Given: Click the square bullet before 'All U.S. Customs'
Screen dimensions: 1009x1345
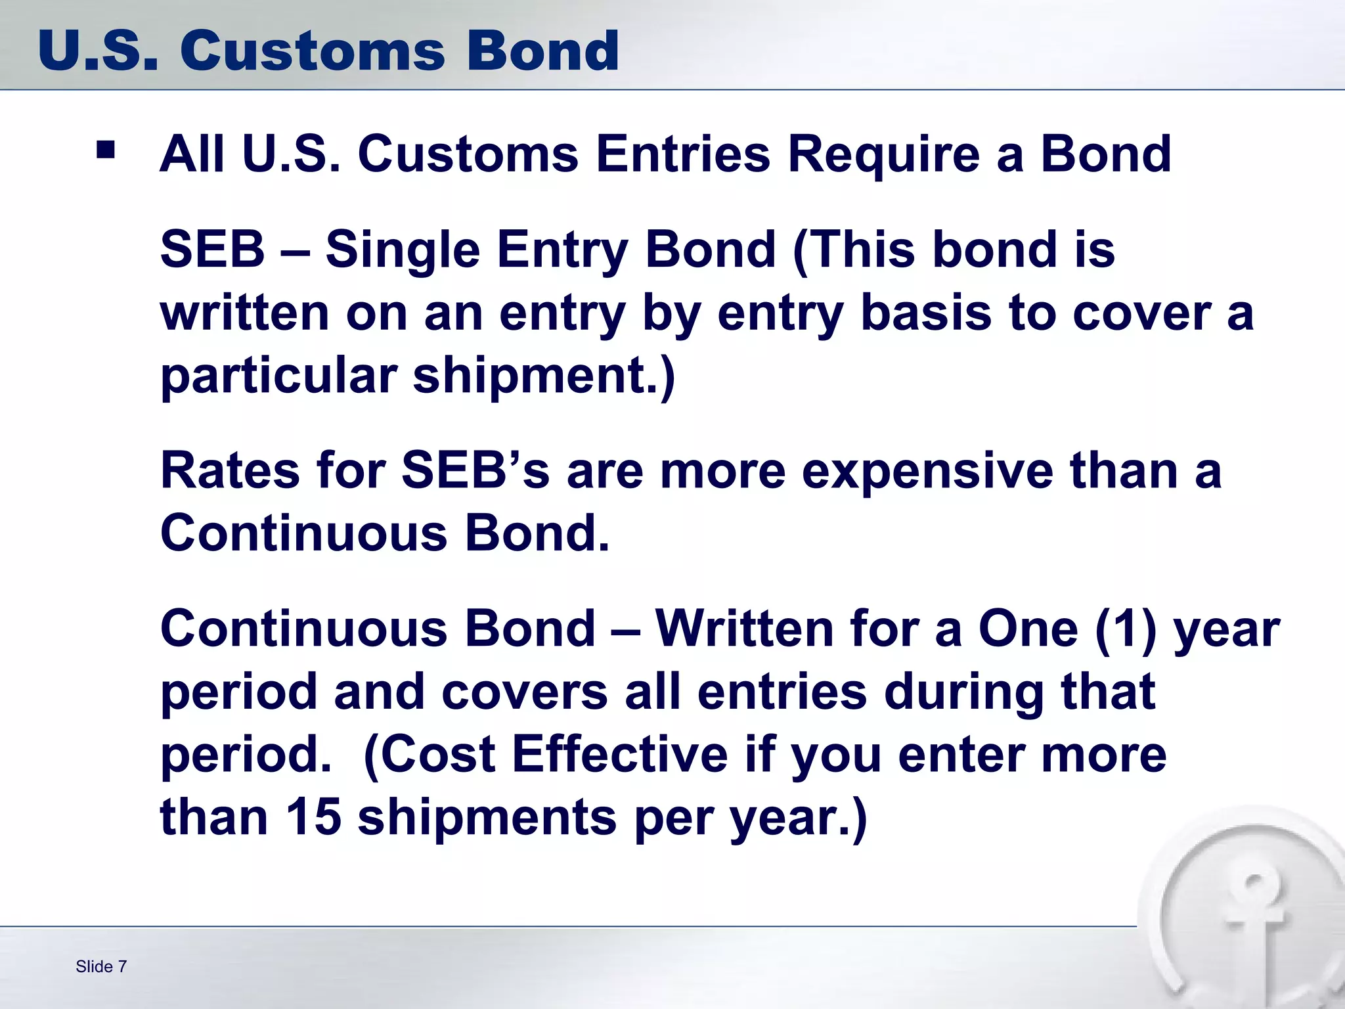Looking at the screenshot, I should pyautogui.click(x=105, y=150).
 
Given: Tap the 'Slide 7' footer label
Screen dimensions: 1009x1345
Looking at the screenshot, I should pyautogui.click(x=101, y=966).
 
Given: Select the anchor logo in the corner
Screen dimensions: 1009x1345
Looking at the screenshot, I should pyautogui.click(x=1248, y=920).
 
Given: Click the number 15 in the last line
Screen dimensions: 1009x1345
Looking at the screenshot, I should pyautogui.click(x=313, y=817).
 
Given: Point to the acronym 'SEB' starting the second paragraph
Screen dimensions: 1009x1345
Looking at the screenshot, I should pyautogui.click(x=212, y=250).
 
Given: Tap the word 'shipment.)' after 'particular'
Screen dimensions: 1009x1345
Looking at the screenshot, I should pyautogui.click(x=543, y=376).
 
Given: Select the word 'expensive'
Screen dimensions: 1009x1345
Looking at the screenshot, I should pyautogui.click(x=927, y=471).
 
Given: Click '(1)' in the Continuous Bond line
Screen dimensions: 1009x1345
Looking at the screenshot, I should pyautogui.click(x=1125, y=629).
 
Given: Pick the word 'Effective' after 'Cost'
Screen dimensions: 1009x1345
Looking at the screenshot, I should pyautogui.click(x=619, y=755).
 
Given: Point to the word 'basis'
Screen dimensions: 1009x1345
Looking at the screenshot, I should pyautogui.click(x=926, y=313).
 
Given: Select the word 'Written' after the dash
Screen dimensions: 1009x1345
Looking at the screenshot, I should pyautogui.click(x=744, y=629).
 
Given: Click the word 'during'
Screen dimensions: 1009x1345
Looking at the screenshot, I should pyautogui.click(x=963, y=693).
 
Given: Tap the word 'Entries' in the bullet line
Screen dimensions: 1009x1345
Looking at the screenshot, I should pyautogui.click(x=682, y=155).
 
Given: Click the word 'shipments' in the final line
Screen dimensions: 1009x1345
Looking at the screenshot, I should pyautogui.click(x=487, y=818).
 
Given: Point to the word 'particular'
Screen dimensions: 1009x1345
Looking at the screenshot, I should pyautogui.click(x=278, y=376).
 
